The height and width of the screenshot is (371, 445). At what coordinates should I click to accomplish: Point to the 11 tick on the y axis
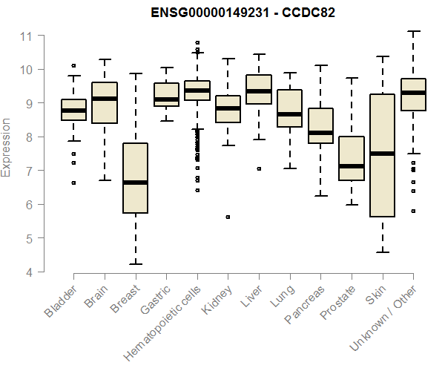[x=26, y=36]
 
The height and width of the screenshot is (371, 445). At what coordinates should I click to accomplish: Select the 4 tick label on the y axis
[x=27, y=272]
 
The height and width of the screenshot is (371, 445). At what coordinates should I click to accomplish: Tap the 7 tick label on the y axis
[x=27, y=171]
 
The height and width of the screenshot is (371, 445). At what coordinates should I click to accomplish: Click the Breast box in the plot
[x=135, y=178]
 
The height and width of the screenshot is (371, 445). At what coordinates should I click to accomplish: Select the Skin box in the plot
[x=383, y=155]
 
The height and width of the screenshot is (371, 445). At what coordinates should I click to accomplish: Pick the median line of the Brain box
[x=104, y=99]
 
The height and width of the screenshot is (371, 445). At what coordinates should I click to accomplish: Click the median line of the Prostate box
[x=352, y=166]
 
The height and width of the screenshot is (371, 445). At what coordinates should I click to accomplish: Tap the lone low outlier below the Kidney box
[x=228, y=217]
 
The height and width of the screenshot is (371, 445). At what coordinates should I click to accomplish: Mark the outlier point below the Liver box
[x=259, y=169]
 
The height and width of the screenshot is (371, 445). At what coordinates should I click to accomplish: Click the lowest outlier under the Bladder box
[x=73, y=183]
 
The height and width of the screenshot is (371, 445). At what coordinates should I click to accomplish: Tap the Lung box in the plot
[x=289, y=108]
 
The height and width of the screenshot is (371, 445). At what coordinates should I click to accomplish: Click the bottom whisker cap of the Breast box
[x=135, y=264]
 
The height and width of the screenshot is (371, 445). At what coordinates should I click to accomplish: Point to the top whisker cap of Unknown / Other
[x=413, y=31]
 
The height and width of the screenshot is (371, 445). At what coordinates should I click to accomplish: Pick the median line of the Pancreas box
[x=320, y=133]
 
